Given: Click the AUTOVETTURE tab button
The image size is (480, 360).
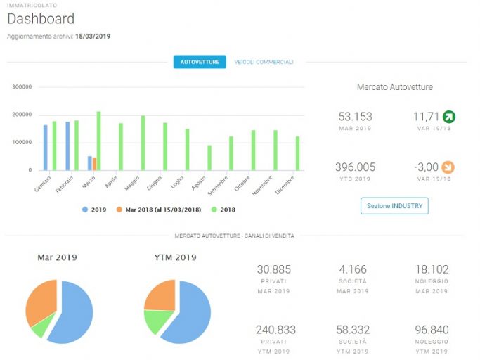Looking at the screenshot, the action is point(200,62).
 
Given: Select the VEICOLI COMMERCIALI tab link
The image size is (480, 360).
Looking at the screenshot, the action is point(264,62).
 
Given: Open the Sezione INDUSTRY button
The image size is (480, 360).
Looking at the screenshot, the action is point(394,206).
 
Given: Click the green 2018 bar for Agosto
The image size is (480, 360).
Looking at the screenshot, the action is point(209,157).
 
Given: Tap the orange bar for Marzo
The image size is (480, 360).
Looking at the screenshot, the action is point(95,164).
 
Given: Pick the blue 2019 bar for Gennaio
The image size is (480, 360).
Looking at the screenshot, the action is point(46,148).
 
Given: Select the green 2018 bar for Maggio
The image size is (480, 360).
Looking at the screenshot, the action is point(143,143).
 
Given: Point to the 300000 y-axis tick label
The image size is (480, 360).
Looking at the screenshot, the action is point(22,87).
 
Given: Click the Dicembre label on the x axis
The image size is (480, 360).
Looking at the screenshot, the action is point(285,185).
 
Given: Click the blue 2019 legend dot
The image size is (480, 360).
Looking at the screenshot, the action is point(85,210).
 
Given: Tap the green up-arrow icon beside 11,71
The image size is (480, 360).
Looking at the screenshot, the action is point(449,117).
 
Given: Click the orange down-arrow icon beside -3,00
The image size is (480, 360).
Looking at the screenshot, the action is point(448,167).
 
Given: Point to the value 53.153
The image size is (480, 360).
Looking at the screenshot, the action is point(355,117).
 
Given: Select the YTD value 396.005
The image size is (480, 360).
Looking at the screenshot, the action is point(355,167).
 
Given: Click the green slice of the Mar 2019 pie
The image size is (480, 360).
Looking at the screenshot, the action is point(42,327).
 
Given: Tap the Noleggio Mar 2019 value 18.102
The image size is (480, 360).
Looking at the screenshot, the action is point(432,269).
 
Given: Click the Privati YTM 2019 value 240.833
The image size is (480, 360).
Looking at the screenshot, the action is point(275,330).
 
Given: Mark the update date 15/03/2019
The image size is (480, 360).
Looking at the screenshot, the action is point(93,36).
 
